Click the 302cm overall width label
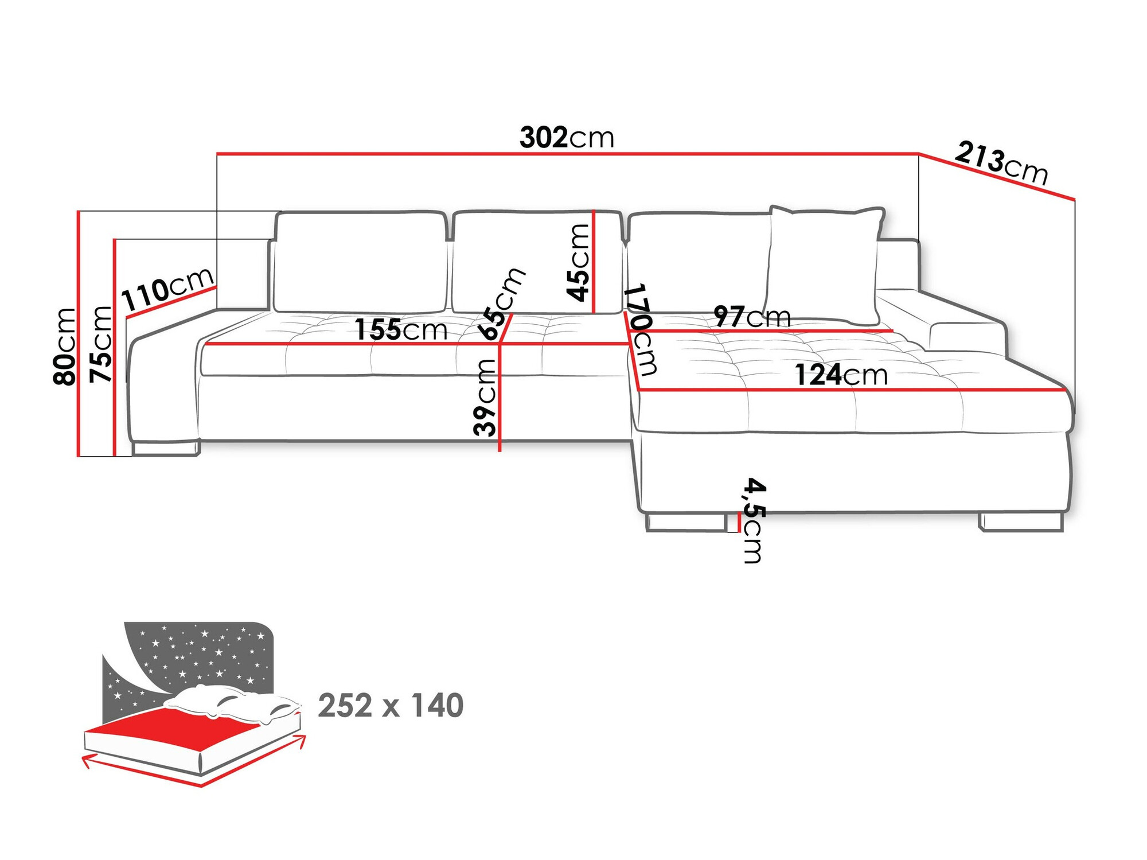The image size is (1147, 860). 567,138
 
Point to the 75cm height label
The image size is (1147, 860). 101,344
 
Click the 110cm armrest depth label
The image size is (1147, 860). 168,289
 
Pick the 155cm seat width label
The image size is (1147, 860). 400,329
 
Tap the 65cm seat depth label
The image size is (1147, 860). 502,304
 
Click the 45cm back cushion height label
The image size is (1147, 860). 578,263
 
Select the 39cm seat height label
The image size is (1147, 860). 485,397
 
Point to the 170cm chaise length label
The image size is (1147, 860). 641,329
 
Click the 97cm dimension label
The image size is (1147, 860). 752,317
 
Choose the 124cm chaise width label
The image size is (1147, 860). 841,375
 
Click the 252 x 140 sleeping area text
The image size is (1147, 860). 391,706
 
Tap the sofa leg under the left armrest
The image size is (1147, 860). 165,448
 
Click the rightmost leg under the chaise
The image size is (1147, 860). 1021,522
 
